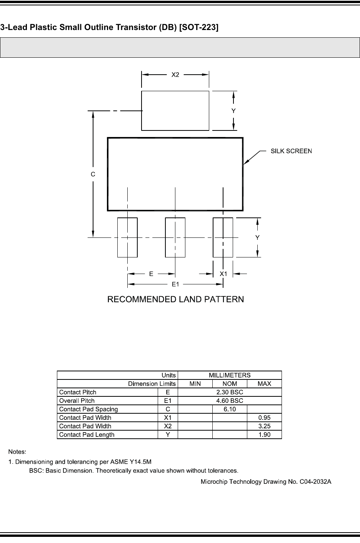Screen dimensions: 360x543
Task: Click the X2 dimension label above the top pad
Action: (175, 75)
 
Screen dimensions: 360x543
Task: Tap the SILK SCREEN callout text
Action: (291, 151)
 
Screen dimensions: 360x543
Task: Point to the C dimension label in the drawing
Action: (93, 174)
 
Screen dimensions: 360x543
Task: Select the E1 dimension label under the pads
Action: (175, 284)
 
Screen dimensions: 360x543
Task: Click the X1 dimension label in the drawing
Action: (223, 274)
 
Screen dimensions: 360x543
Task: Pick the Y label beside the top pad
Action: (233, 111)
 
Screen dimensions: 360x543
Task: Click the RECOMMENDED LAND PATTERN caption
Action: (175, 299)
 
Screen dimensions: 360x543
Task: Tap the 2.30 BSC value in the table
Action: (230, 392)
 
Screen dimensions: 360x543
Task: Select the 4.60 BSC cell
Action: (230, 401)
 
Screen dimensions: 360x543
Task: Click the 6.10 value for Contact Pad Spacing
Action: (230, 409)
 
